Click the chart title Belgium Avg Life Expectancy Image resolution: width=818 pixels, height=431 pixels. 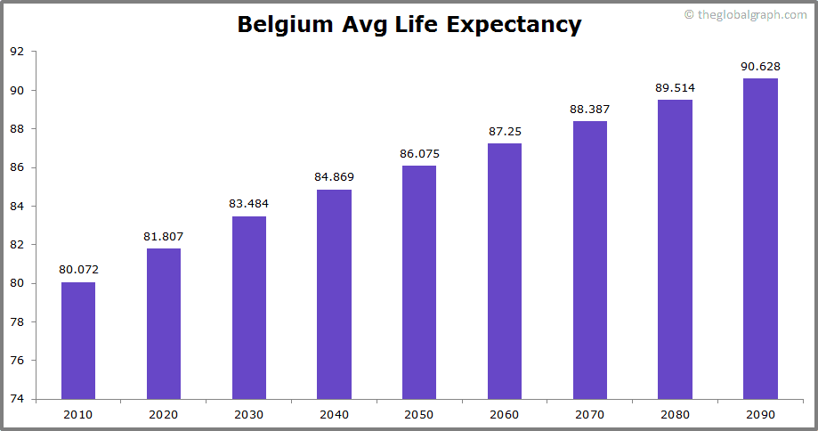[x=409, y=25]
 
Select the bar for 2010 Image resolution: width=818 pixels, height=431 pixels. [x=78, y=340]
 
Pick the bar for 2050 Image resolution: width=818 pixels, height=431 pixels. [x=419, y=282]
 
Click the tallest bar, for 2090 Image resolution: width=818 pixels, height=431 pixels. [x=760, y=239]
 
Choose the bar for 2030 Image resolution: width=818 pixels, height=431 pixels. [x=249, y=307]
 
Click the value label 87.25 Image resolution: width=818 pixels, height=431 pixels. [x=505, y=131]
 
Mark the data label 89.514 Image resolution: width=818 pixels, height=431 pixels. [x=675, y=87]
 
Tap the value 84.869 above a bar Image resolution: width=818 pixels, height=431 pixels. [x=334, y=176]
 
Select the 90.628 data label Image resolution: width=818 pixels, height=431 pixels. [x=760, y=66]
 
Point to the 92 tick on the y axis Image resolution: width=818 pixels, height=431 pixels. [x=17, y=52]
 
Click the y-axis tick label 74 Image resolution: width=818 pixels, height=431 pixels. [x=17, y=399]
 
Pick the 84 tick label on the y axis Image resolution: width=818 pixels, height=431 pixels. [x=17, y=206]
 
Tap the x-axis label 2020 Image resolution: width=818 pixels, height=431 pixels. [x=164, y=414]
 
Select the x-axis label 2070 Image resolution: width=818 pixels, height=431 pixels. [x=590, y=414]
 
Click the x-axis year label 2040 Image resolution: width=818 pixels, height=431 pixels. [x=334, y=414]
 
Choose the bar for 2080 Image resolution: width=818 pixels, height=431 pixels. [x=675, y=249]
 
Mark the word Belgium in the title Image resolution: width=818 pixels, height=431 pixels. [x=286, y=25]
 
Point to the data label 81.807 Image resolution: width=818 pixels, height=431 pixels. [x=164, y=236]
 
